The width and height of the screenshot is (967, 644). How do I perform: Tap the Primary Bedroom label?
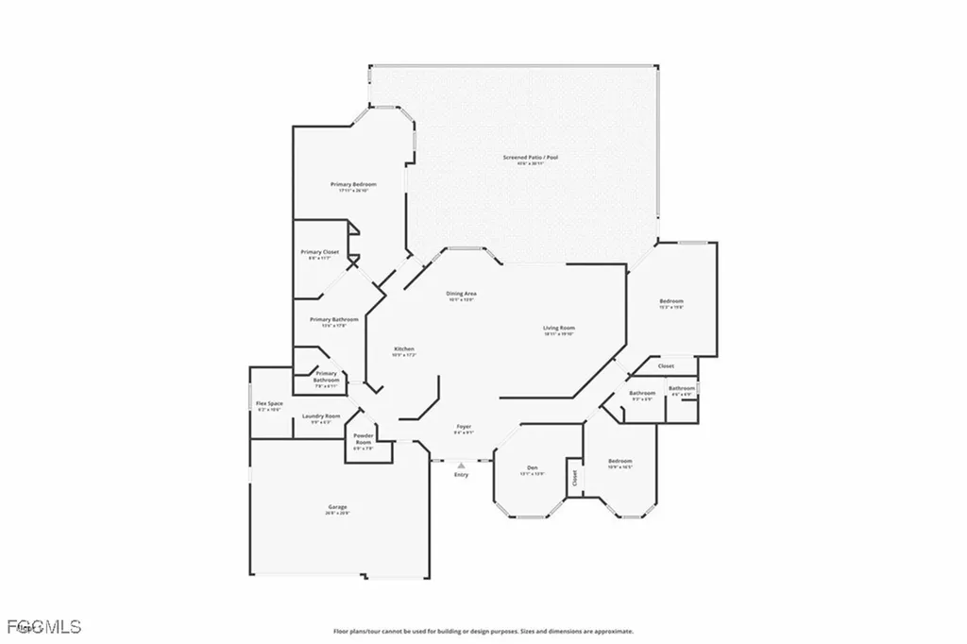coord(353,183)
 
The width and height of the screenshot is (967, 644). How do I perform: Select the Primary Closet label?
coord(319,252)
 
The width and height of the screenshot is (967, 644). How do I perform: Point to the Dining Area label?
coord(461,294)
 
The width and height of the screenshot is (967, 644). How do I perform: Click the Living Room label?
coord(559,329)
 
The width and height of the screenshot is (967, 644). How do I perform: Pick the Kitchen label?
coord(404,349)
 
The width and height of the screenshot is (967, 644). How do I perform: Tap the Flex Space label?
coord(269,403)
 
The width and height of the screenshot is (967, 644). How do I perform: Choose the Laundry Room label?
coord(320,416)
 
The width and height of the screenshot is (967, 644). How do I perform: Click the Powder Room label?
coord(364,438)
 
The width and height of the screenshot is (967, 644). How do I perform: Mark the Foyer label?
coord(464,426)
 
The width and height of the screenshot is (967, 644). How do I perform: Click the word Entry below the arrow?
coord(461,474)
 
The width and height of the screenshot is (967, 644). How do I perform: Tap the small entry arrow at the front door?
coord(461,465)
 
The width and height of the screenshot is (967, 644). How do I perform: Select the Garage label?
coord(338,507)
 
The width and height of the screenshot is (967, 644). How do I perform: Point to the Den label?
coord(532,468)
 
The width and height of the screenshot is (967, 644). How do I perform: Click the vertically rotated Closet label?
coord(573,477)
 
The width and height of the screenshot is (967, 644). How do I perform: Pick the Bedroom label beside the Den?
coord(619,461)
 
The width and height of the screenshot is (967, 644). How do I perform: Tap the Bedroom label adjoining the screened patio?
coord(670,301)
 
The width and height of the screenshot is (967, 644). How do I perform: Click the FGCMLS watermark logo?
coord(42,626)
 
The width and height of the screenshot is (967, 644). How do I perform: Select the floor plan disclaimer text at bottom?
coord(483,631)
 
